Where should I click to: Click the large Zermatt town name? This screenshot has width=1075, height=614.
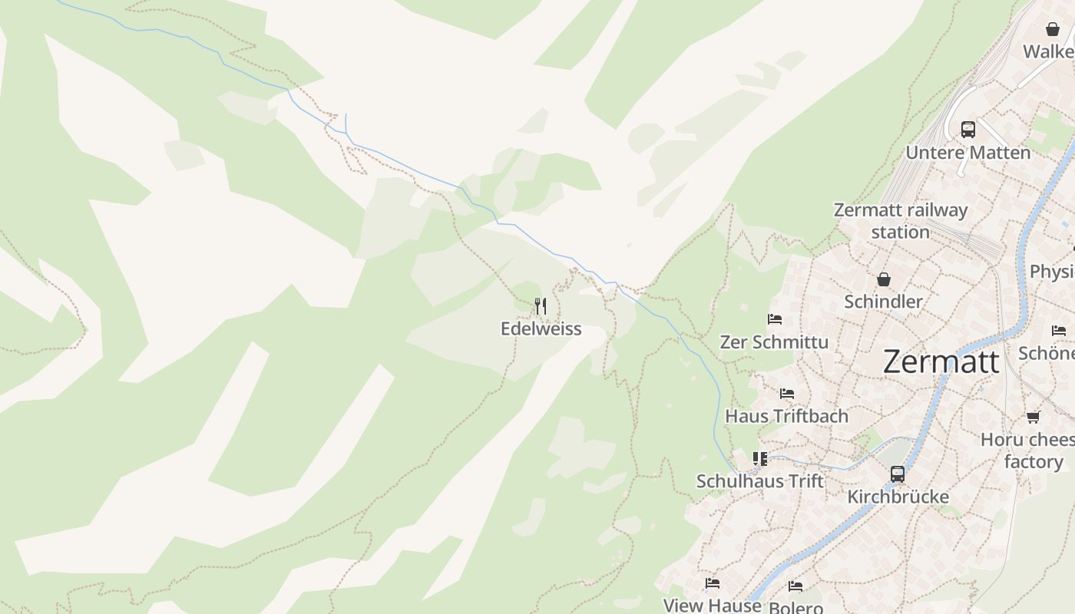click(x=941, y=361)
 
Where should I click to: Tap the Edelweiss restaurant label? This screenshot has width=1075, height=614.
click(x=541, y=329)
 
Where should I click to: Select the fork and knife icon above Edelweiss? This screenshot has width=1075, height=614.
click(x=541, y=306)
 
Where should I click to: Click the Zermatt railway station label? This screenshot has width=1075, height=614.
click(x=901, y=220)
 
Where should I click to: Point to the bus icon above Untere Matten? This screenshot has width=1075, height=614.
click(x=968, y=129)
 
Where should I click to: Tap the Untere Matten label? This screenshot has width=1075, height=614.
click(x=968, y=153)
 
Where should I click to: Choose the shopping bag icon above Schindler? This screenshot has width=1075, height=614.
click(x=884, y=279)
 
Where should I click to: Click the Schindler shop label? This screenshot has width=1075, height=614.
click(x=883, y=302)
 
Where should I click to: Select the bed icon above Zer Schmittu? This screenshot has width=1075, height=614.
click(x=775, y=319)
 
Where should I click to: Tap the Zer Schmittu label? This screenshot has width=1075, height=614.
click(x=774, y=342)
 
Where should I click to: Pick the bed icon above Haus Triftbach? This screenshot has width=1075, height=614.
click(x=787, y=394)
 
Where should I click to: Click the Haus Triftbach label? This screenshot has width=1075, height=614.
click(x=787, y=416)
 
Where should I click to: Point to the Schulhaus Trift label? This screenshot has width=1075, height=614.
click(x=759, y=481)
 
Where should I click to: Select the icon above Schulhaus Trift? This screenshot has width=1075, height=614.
click(x=760, y=459)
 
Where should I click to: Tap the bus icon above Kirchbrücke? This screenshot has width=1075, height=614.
click(x=898, y=474)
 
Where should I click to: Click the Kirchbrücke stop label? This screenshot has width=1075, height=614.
click(x=898, y=497)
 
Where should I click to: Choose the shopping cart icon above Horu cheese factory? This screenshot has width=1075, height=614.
click(x=1033, y=417)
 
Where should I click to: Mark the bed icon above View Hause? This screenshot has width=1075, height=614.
click(x=713, y=583)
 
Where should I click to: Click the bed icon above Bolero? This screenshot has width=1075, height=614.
click(x=795, y=586)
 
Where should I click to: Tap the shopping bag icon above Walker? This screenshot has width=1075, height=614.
click(x=1052, y=29)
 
